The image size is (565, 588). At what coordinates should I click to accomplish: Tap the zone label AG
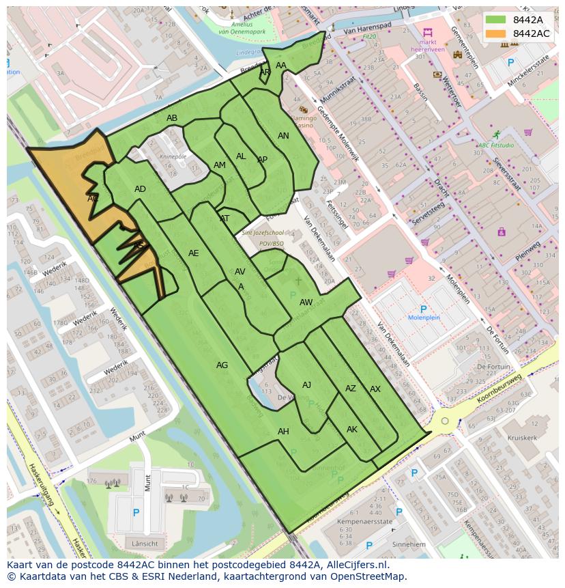[x=222, y=365]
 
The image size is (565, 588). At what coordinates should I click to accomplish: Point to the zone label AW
[x=306, y=303]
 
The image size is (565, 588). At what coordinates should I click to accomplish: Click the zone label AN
[x=283, y=136]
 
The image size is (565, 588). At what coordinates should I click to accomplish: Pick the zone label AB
[x=172, y=118]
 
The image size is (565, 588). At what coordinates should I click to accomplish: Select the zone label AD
[x=140, y=189]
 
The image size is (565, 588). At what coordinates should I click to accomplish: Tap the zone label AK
[x=352, y=430]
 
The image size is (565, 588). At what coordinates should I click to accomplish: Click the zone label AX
[x=375, y=389]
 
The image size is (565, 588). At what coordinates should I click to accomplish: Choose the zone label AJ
[x=306, y=385]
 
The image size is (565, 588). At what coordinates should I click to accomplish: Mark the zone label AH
[x=283, y=432]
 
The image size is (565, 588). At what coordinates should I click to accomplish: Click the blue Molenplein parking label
[x=424, y=318]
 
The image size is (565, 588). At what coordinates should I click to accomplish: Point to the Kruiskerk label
[x=522, y=438]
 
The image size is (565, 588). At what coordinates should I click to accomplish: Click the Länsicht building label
[x=145, y=544]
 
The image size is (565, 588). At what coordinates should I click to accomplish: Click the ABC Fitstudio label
[x=496, y=145]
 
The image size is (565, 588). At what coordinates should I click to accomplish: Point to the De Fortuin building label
[x=493, y=367]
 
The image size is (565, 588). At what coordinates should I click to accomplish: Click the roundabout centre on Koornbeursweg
[x=445, y=421]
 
